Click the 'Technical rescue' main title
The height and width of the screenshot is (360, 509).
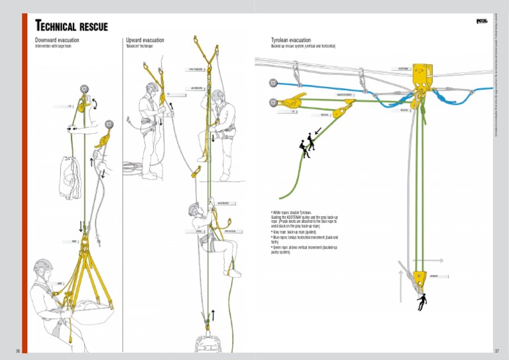click(x=71, y=26)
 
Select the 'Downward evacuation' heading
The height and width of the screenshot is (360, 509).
click(x=57, y=40)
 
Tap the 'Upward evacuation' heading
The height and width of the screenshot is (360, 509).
click(x=145, y=40)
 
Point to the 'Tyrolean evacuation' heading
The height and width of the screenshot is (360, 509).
click(x=291, y=40)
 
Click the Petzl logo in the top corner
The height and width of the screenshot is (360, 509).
click(x=482, y=21)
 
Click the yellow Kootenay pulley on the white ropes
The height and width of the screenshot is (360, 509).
click(x=420, y=74)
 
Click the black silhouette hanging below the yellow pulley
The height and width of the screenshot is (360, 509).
click(x=421, y=302)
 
